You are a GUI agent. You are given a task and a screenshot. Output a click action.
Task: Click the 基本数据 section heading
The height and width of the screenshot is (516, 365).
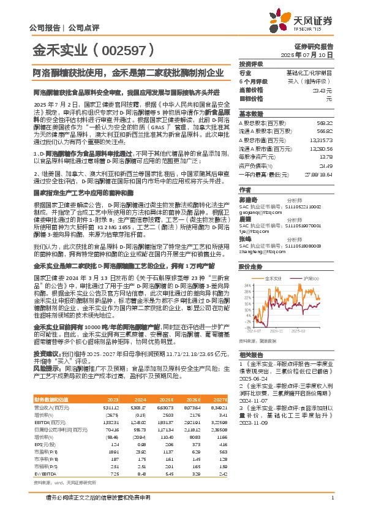pos(250,114)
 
